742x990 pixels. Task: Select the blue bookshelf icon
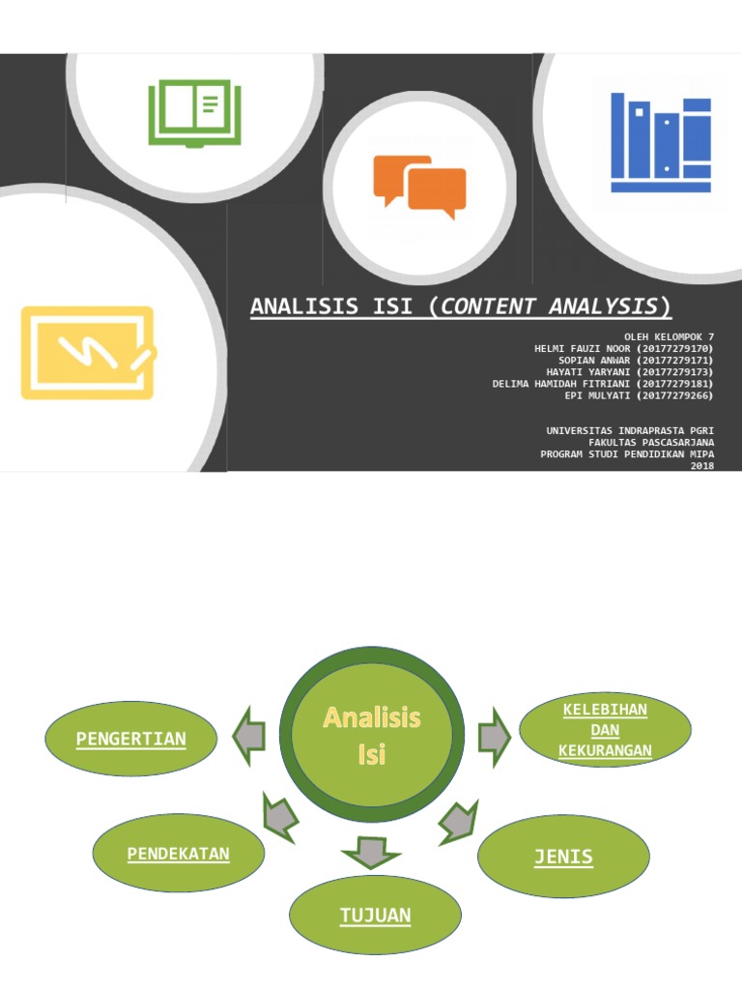(x=661, y=142)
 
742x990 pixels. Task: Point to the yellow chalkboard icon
(x=88, y=352)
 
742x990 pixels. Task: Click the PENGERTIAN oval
(x=131, y=738)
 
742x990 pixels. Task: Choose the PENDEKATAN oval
(x=179, y=853)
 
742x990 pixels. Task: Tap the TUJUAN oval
(x=376, y=915)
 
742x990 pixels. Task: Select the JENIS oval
(x=563, y=857)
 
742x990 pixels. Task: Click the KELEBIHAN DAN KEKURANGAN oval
(x=605, y=730)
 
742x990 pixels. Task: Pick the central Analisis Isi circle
(x=372, y=735)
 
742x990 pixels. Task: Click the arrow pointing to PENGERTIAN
(x=249, y=736)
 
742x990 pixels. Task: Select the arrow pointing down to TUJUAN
(x=371, y=853)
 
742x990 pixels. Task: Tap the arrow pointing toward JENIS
(x=459, y=822)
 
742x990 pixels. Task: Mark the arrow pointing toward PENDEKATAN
(x=279, y=817)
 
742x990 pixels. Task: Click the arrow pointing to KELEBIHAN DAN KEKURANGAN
(x=495, y=737)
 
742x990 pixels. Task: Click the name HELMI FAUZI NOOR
(x=582, y=348)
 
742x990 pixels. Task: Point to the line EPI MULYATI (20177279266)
(x=639, y=395)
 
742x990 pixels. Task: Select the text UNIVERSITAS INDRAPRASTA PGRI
(x=630, y=430)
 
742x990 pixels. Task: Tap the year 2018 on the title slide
(x=702, y=466)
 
